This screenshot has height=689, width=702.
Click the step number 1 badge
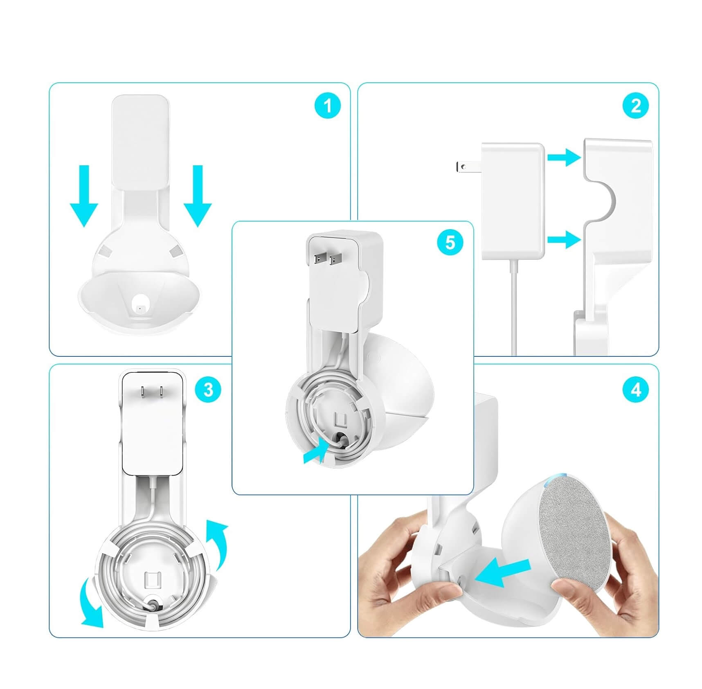(328, 106)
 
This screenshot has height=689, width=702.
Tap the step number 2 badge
(636, 106)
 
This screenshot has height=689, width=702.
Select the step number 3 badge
(208, 389)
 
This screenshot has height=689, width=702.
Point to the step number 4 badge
(636, 390)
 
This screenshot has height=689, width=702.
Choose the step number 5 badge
(450, 243)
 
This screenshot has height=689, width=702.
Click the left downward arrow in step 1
(84, 196)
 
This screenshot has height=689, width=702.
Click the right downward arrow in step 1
(198, 196)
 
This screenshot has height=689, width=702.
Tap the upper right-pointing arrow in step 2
(564, 157)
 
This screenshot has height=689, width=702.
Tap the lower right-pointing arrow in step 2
(564, 239)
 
